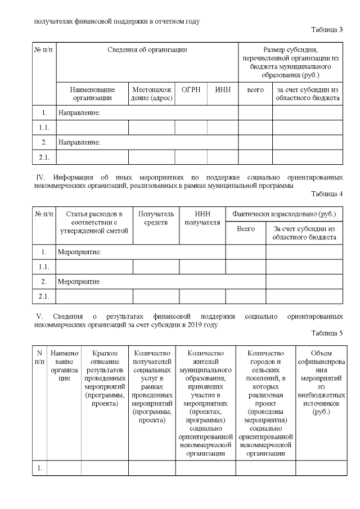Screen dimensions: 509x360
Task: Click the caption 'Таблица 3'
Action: click(327, 30)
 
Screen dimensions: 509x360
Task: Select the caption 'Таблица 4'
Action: click(327, 194)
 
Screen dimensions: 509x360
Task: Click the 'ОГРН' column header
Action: click(191, 89)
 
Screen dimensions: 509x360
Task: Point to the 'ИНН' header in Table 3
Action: click(223, 89)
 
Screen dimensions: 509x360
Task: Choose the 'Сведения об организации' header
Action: click(147, 50)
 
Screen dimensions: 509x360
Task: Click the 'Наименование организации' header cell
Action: click(92, 94)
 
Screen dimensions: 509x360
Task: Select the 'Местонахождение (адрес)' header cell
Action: click(151, 94)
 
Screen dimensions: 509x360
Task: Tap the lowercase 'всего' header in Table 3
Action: click(255, 89)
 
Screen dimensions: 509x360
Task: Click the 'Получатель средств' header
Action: click(156, 218)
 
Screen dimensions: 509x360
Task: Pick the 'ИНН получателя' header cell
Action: click(202, 218)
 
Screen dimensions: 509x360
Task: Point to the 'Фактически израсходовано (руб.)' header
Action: click(284, 214)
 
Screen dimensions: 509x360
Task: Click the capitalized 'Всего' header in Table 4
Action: click(245, 229)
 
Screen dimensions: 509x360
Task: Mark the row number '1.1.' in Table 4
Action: click(44, 267)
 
